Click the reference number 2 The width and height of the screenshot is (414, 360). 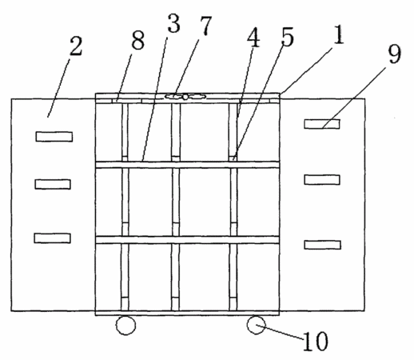pyautogui.click(x=76, y=46)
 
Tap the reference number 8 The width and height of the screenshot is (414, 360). pyautogui.click(x=138, y=40)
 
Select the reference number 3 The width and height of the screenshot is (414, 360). pyautogui.click(x=173, y=23)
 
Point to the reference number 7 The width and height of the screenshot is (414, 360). pyautogui.click(x=205, y=26)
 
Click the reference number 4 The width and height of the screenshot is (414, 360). pyautogui.click(x=253, y=37)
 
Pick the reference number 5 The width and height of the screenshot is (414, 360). pyautogui.click(x=287, y=37)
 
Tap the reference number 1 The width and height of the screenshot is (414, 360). pyautogui.click(x=338, y=34)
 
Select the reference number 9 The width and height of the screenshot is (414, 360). pyautogui.click(x=394, y=54)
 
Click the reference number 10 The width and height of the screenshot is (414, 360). pyautogui.click(x=316, y=341)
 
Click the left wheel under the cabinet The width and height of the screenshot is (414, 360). pyautogui.click(x=125, y=325)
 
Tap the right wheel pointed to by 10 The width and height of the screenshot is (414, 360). pyautogui.click(x=256, y=325)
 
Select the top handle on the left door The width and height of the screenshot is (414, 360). pyautogui.click(x=54, y=137)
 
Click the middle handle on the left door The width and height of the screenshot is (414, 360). pyautogui.click(x=53, y=184)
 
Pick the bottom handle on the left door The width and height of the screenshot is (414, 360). pyautogui.click(x=53, y=238)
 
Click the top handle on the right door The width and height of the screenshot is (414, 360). pyautogui.click(x=322, y=124)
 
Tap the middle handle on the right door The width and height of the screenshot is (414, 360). pyautogui.click(x=322, y=180)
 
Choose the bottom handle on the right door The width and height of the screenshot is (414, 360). pyautogui.click(x=322, y=245)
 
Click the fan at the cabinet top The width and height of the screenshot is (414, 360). pyautogui.click(x=185, y=97)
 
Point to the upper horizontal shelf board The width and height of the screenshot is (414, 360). pyautogui.click(x=187, y=165)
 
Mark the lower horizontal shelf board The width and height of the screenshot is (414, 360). pyautogui.click(x=187, y=240)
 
